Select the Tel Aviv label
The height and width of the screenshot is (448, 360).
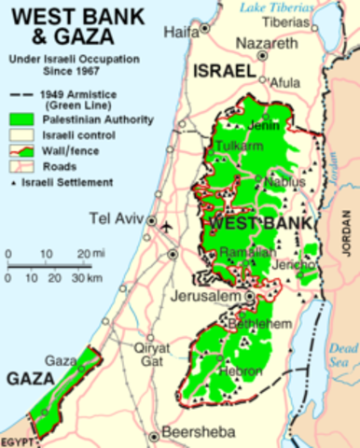118,220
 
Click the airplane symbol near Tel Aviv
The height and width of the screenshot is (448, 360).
167,227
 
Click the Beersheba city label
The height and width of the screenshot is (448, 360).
198,433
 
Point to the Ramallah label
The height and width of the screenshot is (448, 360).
243,252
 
